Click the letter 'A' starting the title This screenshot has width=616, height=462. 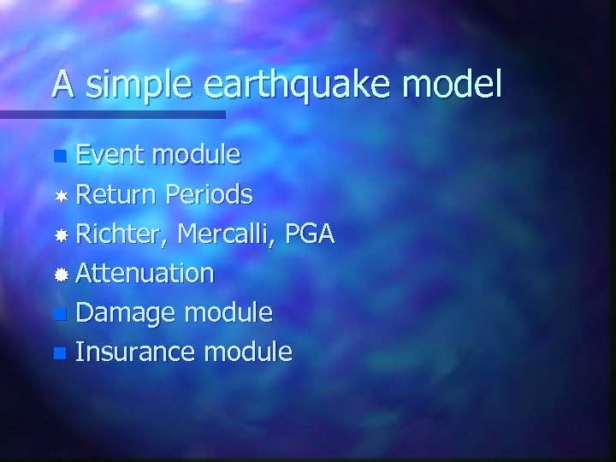tap(62, 84)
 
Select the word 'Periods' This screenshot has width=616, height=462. tap(209, 195)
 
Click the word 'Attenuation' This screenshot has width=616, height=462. tap(145, 274)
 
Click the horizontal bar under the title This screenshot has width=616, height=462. tap(112, 114)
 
